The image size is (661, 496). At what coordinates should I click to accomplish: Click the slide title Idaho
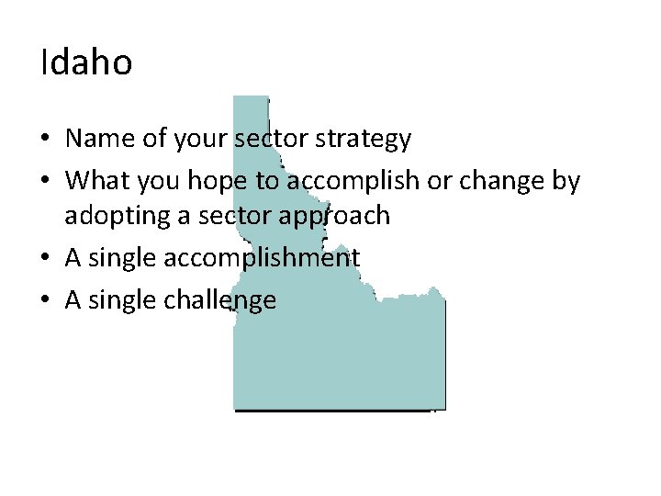click(86, 63)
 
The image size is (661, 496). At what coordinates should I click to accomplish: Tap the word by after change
click(566, 181)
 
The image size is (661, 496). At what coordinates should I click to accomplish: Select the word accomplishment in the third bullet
click(262, 258)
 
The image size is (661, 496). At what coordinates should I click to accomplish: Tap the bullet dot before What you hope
click(45, 182)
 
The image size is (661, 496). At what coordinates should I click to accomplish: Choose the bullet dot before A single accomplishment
click(45, 259)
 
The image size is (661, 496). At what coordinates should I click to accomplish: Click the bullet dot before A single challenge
click(45, 300)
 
